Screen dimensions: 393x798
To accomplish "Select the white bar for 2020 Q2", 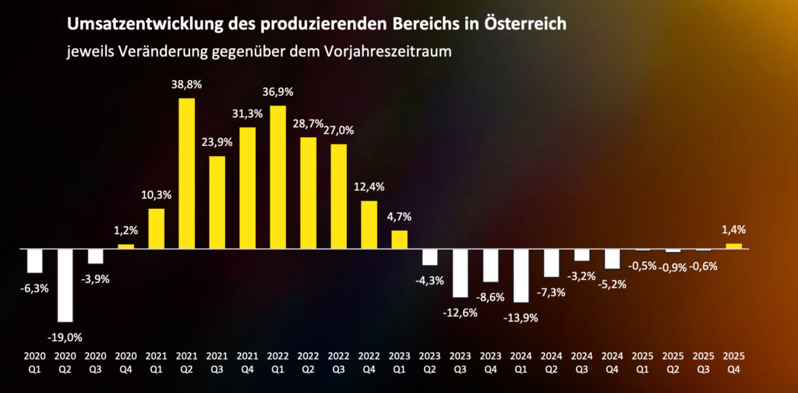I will tap(65, 285).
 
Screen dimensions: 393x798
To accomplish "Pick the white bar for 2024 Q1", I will tap(521, 275).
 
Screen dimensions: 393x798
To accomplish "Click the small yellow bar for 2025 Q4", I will tap(733, 246).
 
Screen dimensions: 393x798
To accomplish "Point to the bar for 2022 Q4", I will tap(369, 225).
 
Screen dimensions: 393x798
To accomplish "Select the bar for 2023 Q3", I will tap(460, 273).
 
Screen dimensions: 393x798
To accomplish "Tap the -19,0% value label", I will tap(65, 337).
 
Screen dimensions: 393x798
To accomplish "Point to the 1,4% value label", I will tap(733, 230).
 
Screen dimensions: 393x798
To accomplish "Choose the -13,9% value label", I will tap(521, 317).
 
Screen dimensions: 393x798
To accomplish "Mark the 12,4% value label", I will tap(369, 188).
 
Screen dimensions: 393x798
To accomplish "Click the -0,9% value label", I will tap(673, 266).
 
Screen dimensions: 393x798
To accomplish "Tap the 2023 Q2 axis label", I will tap(429, 360).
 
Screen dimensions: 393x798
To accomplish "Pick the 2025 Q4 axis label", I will tap(733, 360).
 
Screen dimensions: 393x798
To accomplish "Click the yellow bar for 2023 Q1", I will tap(399, 239).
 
